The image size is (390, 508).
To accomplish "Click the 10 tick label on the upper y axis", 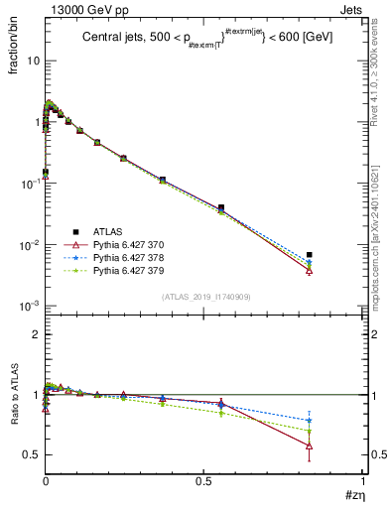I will (x=31, y=61).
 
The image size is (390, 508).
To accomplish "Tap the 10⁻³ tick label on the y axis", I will (x=29, y=306).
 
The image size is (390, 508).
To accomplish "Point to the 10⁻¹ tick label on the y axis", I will (x=29, y=184).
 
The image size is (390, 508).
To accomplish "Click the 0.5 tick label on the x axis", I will (x=204, y=480).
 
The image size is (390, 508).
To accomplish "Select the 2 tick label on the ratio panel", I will (x=35, y=334).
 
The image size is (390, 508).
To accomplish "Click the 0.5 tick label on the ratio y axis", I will (x=31, y=454).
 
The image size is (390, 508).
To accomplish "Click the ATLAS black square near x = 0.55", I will (x=221, y=207).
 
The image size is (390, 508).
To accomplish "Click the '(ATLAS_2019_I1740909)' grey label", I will (x=206, y=297).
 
